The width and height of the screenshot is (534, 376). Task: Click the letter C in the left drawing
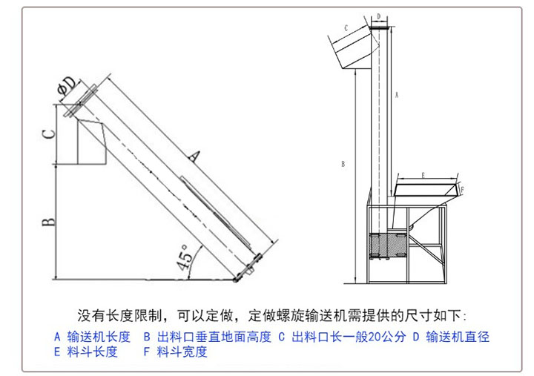(x=47, y=134)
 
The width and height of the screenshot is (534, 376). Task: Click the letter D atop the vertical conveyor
(x=378, y=16)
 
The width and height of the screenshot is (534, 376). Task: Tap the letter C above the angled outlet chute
(x=346, y=27)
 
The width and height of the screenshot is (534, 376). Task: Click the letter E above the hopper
(x=423, y=175)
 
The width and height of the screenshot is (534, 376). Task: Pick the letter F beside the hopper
(x=462, y=191)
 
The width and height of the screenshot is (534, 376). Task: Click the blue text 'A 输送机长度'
(x=92, y=337)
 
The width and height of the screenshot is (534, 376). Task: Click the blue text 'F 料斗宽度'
(x=175, y=352)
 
